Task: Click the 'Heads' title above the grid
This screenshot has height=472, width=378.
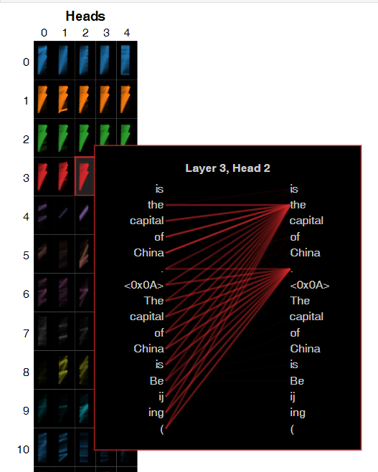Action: point(85,16)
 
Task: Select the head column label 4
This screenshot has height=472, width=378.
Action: point(127,33)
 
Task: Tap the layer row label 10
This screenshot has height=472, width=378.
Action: point(23,449)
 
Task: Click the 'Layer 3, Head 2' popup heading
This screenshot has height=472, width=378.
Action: point(227,168)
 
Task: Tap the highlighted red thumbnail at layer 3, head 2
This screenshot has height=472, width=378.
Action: point(85,176)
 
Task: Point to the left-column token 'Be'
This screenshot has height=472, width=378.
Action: point(157,381)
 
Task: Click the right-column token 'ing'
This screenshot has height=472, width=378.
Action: point(298,413)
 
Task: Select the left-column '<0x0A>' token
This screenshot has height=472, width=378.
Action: point(143,285)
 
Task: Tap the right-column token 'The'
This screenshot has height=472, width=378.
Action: point(300,301)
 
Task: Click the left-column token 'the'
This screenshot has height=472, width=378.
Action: point(156,205)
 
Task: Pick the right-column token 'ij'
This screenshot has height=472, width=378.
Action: point(293,397)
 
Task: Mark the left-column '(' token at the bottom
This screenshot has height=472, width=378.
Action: point(162,429)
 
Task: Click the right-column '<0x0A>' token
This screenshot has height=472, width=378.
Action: point(310,285)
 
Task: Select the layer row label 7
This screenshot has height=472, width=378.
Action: point(27,334)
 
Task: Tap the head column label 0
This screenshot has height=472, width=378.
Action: point(44,33)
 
